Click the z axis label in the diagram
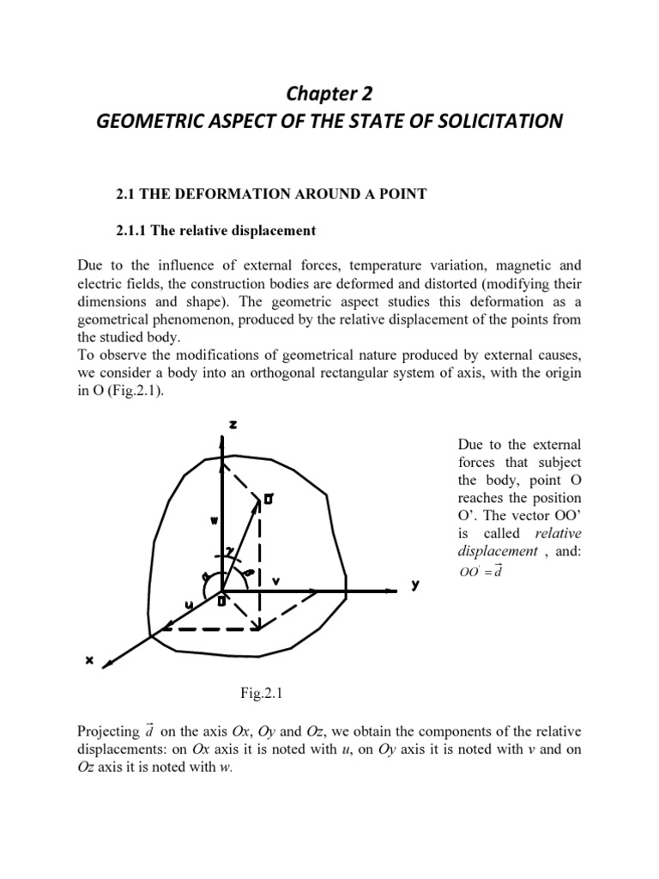(x=233, y=425)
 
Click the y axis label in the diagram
(x=415, y=585)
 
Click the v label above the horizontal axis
(x=276, y=580)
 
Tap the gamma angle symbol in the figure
(x=229, y=550)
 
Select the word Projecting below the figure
(x=106, y=731)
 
